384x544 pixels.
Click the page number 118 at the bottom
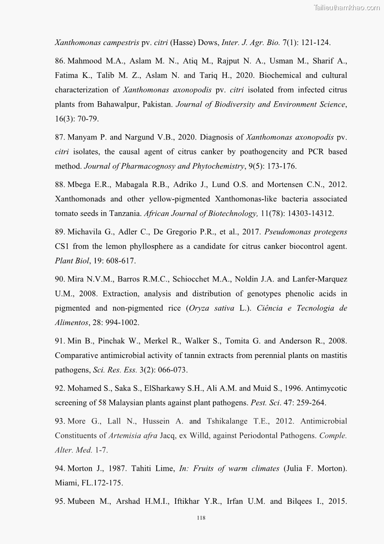click(202, 518)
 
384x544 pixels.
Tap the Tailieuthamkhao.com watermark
click(347, 7)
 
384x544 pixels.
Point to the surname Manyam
click(81, 137)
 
